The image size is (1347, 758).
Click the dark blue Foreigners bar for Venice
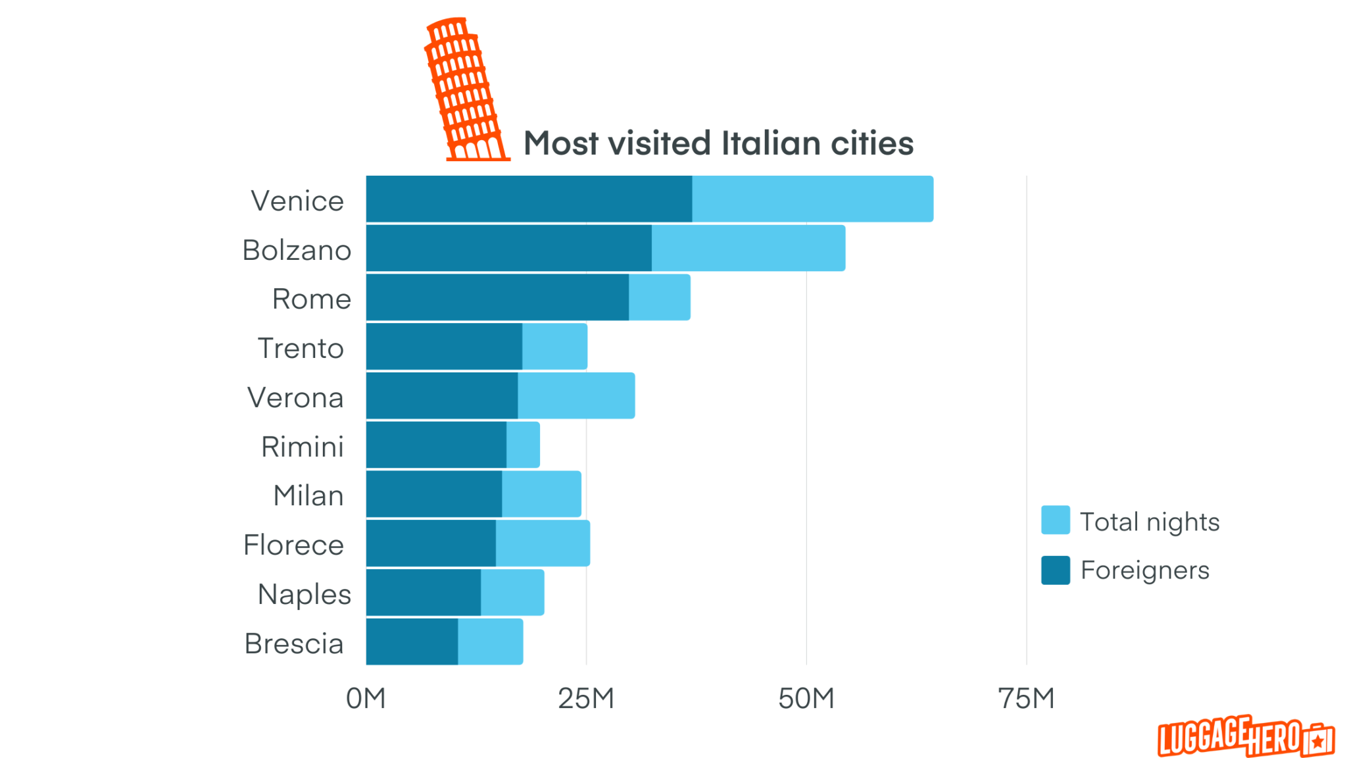tap(529, 199)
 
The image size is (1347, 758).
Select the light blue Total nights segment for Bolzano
tap(748, 248)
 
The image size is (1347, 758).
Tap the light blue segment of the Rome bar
tap(659, 297)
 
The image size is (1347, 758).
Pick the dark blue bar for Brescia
tap(412, 642)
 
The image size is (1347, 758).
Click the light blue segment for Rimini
tap(523, 445)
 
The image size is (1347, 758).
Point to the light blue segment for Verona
tap(576, 395)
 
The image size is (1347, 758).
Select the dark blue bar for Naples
tap(424, 592)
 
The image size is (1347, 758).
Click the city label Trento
tap(301, 348)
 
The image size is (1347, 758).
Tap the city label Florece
tap(293, 545)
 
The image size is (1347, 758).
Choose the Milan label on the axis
tap(308, 495)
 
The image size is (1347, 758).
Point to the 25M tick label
tap(586, 698)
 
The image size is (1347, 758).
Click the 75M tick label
tap(1026, 698)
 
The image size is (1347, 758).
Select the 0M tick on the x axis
tap(366, 698)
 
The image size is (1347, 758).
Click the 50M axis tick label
tap(806, 698)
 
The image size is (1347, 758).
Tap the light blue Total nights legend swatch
tap(1055, 520)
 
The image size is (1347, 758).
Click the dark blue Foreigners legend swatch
tap(1055, 570)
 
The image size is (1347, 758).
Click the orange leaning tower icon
tap(466, 90)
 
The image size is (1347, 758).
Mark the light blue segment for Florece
tap(543, 543)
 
